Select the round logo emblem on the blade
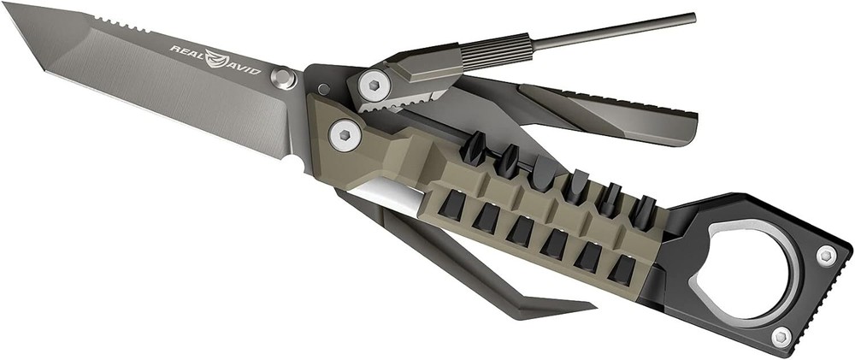[x=218, y=58]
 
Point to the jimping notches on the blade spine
[x=120, y=22]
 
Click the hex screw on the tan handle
[x=344, y=133]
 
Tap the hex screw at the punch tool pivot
[x=373, y=83]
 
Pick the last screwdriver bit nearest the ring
[x=641, y=210]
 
